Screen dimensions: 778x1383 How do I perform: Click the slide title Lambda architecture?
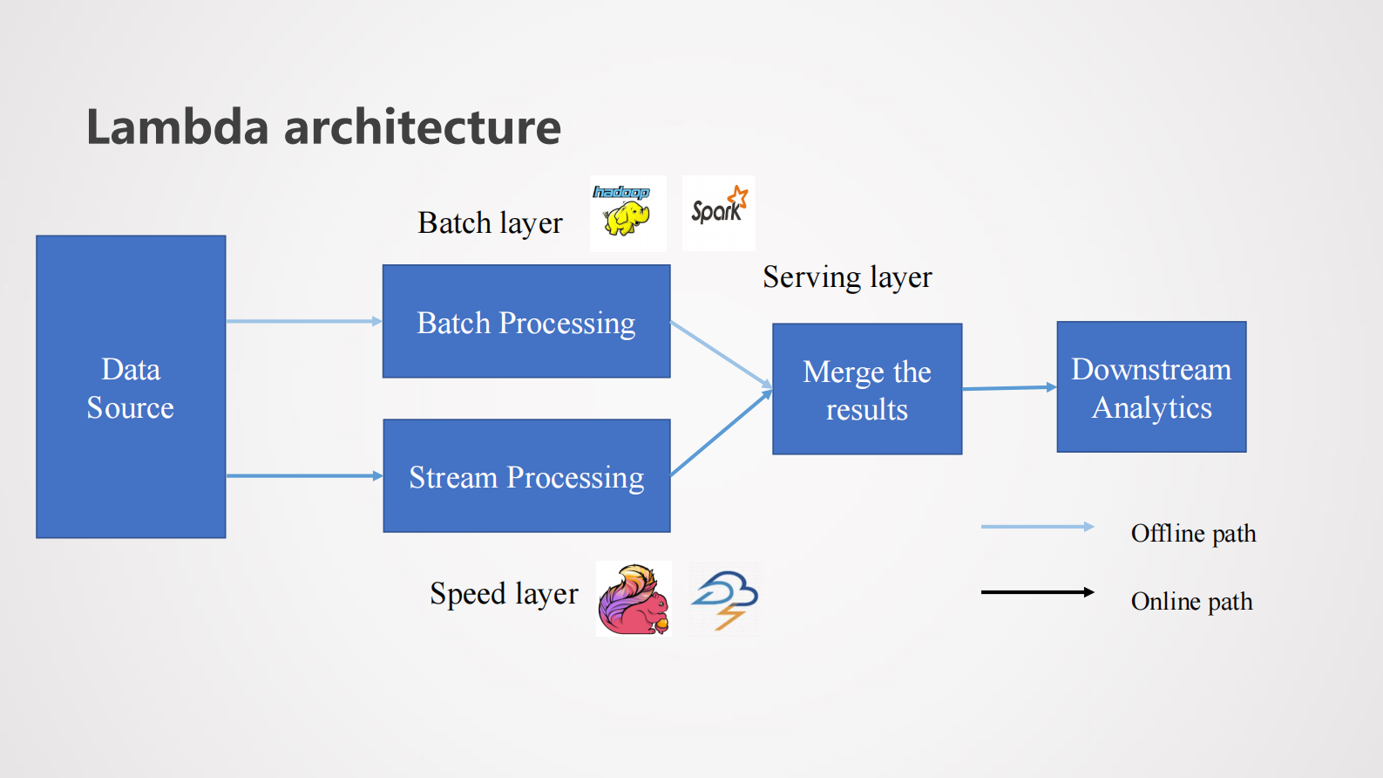pyautogui.click(x=323, y=127)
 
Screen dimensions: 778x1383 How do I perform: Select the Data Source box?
pyautogui.click(x=131, y=387)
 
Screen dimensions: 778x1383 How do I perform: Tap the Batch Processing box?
pyautogui.click(x=526, y=322)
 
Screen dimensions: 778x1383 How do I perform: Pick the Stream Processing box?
pyautogui.click(x=526, y=476)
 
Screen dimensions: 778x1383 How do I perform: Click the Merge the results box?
pyautogui.click(x=867, y=389)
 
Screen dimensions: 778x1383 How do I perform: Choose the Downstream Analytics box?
pyautogui.click(x=1151, y=387)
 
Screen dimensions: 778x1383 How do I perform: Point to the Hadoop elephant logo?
pyautogui.click(x=627, y=214)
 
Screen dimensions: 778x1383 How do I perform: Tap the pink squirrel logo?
pyautogui.click(x=634, y=599)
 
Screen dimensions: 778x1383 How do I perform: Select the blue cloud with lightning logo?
pyautogui.click(x=725, y=599)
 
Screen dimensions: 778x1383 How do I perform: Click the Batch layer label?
pyautogui.click(x=490, y=223)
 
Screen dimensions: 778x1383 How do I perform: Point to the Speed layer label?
pyautogui.click(x=504, y=594)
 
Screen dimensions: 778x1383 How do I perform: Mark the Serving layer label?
pyautogui.click(x=847, y=277)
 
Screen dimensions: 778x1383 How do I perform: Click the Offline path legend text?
pyautogui.click(x=1193, y=533)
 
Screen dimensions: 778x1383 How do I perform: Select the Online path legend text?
pyautogui.click(x=1191, y=601)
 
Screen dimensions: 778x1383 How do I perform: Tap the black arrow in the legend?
pyautogui.click(x=1037, y=592)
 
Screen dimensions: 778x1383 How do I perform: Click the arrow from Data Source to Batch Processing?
pyautogui.click(x=304, y=322)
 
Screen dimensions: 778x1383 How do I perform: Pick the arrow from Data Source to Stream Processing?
pyautogui.click(x=304, y=476)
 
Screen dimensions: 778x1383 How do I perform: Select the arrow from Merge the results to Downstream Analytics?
pyautogui.click(x=1009, y=388)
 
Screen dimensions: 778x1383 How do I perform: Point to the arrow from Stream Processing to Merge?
pyautogui.click(x=722, y=433)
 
